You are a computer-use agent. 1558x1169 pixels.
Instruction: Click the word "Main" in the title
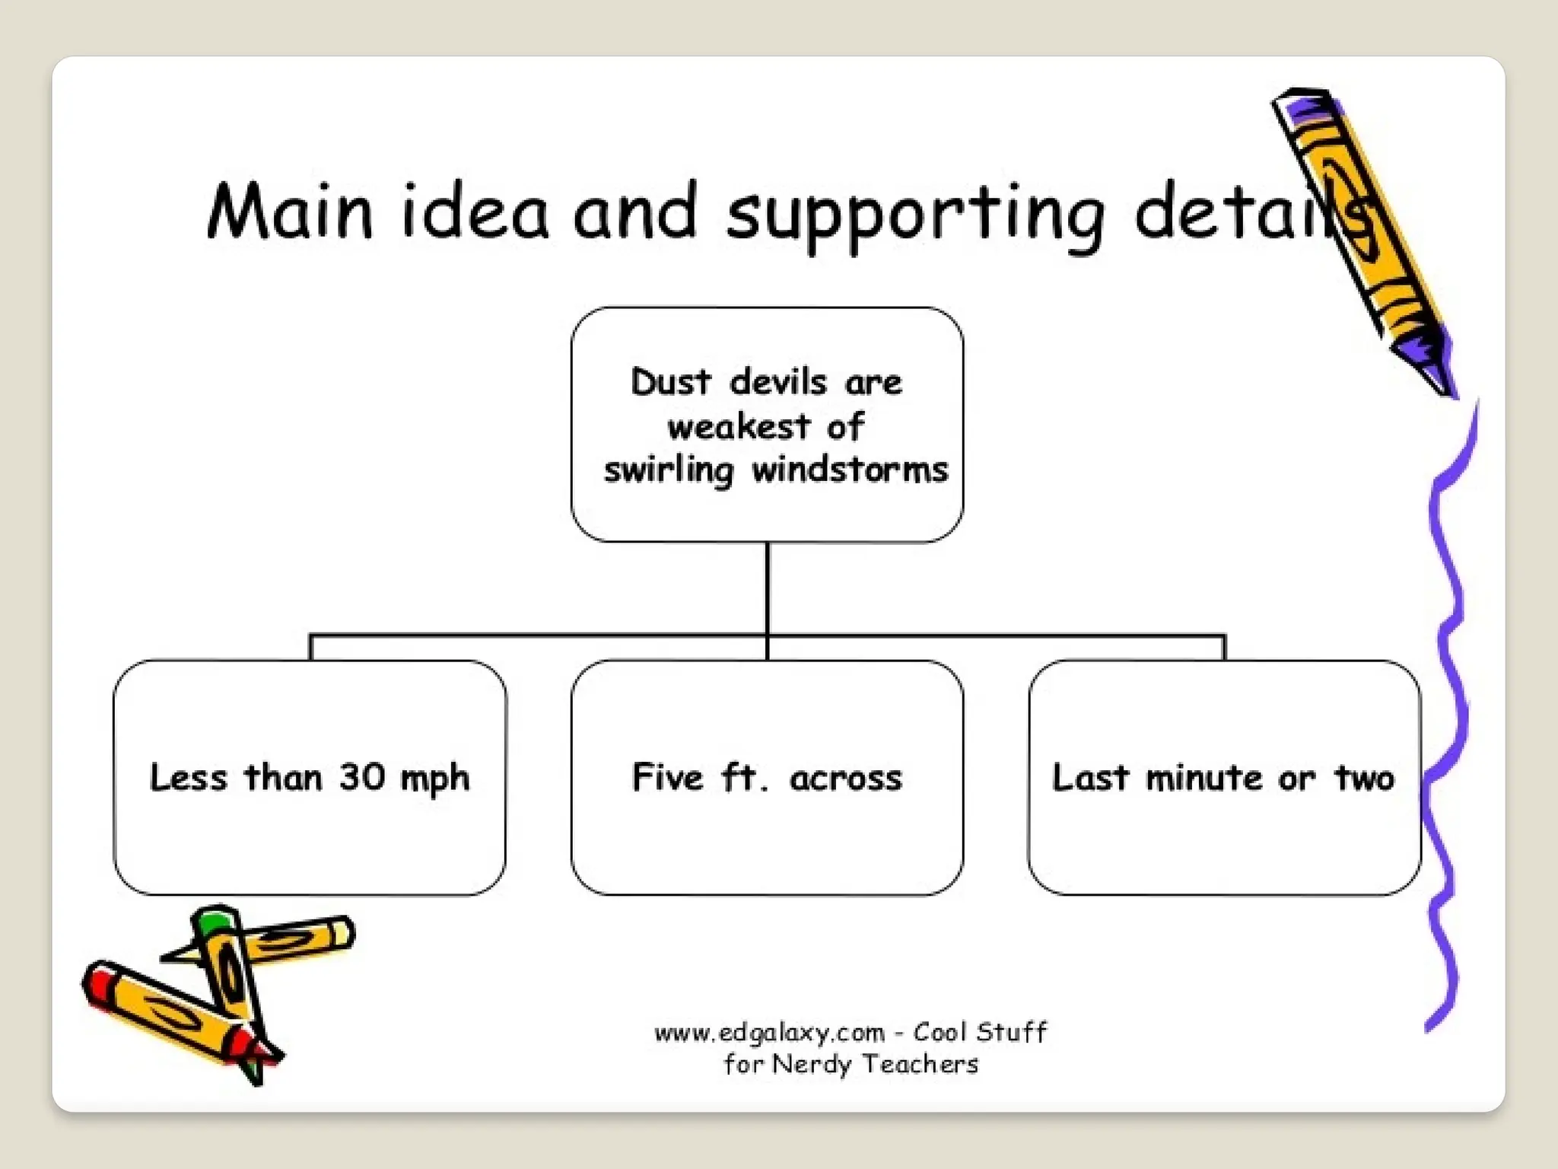tap(290, 211)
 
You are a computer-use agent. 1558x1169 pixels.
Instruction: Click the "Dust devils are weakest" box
tap(767, 425)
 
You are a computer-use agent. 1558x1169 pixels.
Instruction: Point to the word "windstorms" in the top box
tap(850, 470)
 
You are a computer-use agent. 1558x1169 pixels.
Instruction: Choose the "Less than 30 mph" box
tap(310, 778)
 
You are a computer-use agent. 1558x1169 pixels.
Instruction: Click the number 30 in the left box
tap(361, 777)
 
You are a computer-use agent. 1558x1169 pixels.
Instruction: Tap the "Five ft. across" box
tap(767, 778)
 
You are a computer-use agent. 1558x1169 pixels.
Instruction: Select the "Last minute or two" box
tap(1223, 778)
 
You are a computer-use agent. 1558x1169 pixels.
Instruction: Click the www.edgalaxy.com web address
tap(769, 1033)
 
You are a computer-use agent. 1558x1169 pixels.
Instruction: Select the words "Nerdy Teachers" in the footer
tap(875, 1064)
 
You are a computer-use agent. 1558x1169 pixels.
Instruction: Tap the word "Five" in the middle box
tap(667, 777)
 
